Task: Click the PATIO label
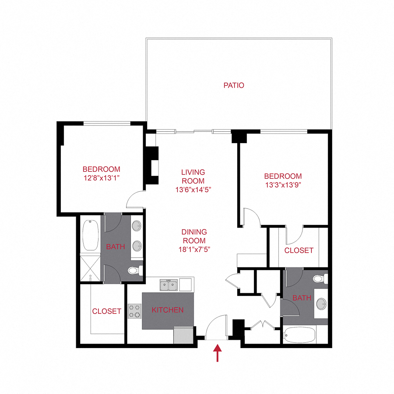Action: pos(234,85)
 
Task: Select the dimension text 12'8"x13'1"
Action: pos(101,178)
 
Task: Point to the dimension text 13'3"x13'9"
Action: pos(283,184)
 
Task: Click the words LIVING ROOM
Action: pos(193,177)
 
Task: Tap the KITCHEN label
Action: pos(167,310)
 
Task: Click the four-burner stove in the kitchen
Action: pos(134,310)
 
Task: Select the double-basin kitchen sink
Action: pos(169,285)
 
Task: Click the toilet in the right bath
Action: pos(320,278)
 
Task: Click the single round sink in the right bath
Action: pos(323,303)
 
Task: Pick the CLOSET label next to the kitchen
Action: pos(106,311)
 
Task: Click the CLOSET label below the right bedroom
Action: pos(299,250)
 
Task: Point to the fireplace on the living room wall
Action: pos(152,165)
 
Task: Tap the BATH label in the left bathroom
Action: pos(116,246)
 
